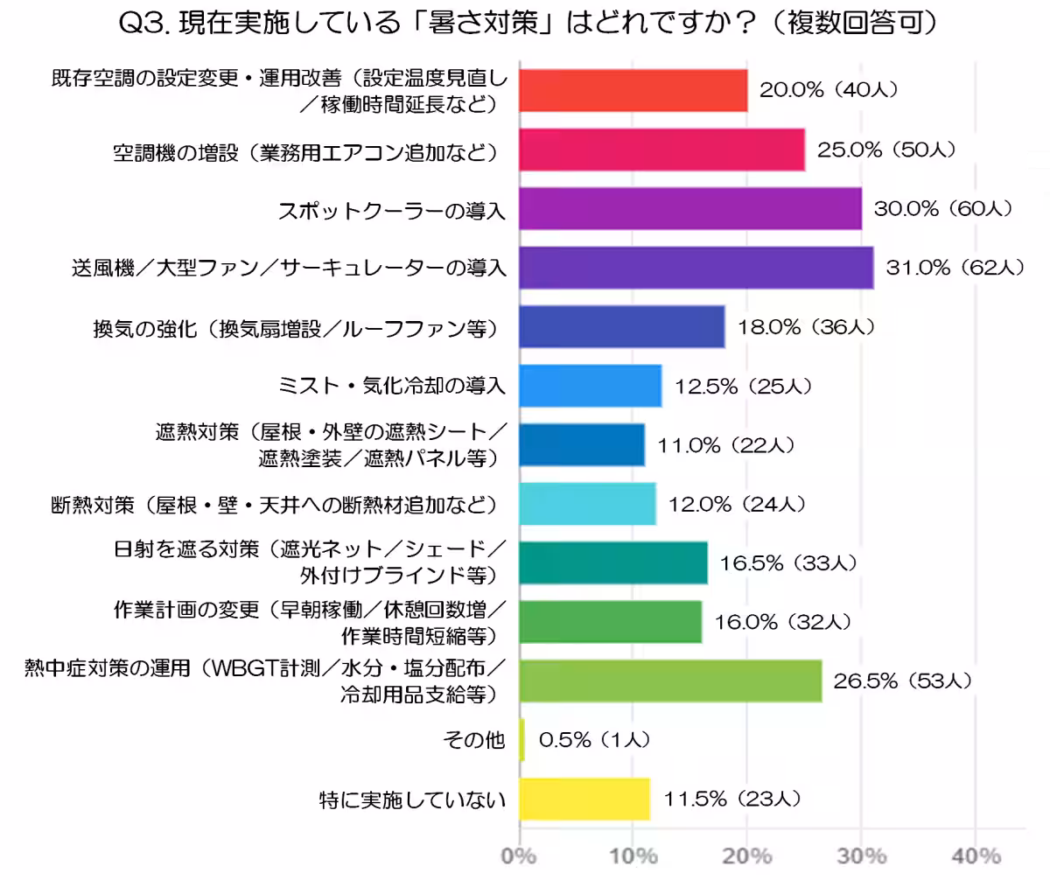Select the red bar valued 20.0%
[633, 90]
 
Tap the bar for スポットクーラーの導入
[690, 209]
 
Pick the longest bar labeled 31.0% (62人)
[696, 268]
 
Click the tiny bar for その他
[522, 740]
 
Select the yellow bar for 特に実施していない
[584, 799]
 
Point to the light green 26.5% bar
[670, 681]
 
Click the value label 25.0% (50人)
[885, 150]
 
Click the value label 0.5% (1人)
[594, 740]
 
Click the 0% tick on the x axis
[520, 856]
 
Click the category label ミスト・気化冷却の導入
[390, 386]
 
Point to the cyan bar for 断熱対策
[587, 504]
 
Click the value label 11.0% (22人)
[726, 445]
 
